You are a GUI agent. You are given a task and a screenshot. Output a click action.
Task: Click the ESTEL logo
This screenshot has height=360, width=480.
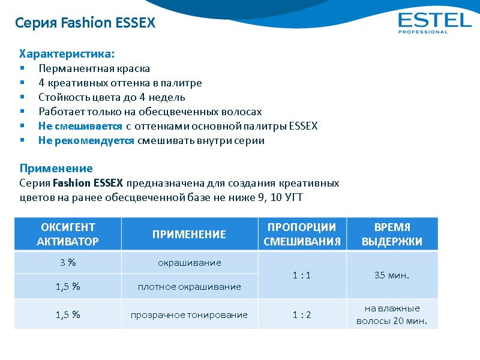[x=434, y=22]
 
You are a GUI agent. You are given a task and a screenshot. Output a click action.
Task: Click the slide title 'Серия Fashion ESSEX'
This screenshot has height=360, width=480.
[x=85, y=23]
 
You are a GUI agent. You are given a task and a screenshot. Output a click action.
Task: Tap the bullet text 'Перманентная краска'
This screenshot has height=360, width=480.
[x=94, y=68]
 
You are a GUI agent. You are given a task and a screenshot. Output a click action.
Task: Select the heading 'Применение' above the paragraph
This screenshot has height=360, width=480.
[x=56, y=168]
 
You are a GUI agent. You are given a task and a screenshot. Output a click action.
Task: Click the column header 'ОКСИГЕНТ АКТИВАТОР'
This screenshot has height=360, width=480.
[x=68, y=235]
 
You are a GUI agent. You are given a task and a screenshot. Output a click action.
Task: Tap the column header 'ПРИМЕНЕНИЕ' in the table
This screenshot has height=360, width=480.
[x=189, y=235]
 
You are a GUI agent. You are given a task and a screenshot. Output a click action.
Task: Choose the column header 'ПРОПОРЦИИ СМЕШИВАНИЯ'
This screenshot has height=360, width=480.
[x=302, y=235]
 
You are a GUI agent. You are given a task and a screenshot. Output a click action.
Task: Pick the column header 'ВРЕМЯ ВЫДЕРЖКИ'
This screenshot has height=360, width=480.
[x=392, y=235]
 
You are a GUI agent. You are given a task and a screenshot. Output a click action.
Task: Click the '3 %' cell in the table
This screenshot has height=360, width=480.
[x=68, y=263]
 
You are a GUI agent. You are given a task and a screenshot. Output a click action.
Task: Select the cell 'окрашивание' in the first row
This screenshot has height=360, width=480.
[x=189, y=263]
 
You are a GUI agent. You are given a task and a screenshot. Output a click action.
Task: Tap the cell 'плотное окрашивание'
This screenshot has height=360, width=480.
[x=189, y=286]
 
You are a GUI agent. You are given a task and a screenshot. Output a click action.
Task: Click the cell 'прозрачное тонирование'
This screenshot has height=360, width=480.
[x=189, y=314]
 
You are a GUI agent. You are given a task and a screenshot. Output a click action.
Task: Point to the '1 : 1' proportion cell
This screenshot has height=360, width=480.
[x=302, y=275]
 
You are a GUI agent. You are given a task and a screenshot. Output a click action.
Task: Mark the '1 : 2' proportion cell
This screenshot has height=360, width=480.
[x=302, y=314]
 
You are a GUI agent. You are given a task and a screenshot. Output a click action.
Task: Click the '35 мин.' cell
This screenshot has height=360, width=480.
[x=392, y=275]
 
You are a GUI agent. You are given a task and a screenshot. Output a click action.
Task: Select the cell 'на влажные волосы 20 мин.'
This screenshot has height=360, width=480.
[x=392, y=314]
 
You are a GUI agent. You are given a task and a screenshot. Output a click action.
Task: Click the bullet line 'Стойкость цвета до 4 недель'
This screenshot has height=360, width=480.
[x=112, y=97]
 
